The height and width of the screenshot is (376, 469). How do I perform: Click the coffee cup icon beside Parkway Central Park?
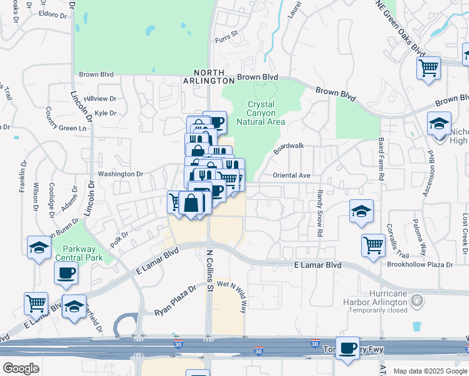[x=66, y=273]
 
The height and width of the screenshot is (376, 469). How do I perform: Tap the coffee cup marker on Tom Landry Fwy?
[x=347, y=348]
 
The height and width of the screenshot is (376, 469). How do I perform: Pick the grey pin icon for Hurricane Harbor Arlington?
[x=414, y=300]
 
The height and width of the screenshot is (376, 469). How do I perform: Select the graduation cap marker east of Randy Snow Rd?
[x=361, y=212]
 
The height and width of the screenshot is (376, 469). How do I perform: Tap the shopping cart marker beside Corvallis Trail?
[x=373, y=244]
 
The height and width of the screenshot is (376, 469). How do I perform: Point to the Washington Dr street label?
[x=120, y=174]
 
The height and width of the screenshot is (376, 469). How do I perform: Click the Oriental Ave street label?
[x=292, y=175]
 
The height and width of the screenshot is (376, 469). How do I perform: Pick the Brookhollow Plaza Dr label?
[x=424, y=265]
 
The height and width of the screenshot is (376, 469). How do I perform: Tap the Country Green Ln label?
[x=65, y=128]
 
